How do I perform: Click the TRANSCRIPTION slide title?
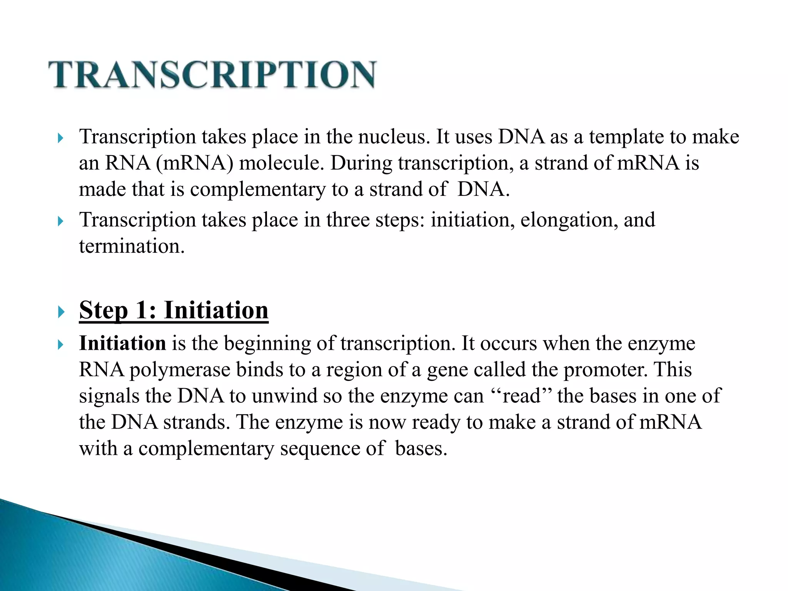(212, 75)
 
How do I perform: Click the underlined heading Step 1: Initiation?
(174, 310)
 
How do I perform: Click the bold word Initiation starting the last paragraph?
(122, 343)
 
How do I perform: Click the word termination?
(131, 246)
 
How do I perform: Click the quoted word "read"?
(522, 396)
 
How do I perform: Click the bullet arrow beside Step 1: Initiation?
(60, 312)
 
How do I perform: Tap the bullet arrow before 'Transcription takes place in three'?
(60, 221)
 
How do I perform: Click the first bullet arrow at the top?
(60, 138)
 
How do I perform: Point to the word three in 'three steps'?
(348, 220)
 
